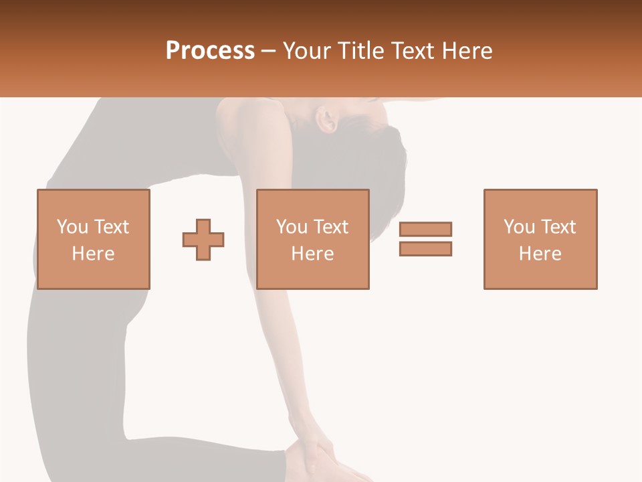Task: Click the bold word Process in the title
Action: tap(210, 51)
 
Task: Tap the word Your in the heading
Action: tap(305, 51)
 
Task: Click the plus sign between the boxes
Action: tap(203, 239)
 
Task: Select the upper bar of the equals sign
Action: tap(425, 229)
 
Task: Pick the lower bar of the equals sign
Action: tap(425, 248)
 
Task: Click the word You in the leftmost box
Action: tap(71, 227)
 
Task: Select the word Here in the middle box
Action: tap(312, 254)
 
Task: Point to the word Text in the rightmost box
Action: tap(558, 227)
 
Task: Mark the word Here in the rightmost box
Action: tap(540, 254)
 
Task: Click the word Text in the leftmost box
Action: tap(111, 227)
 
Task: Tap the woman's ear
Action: tap(328, 120)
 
